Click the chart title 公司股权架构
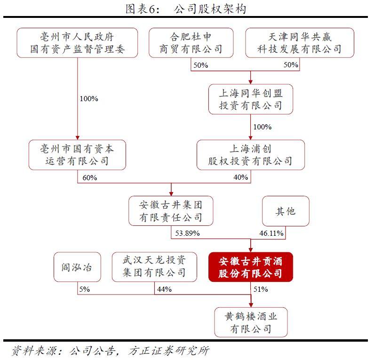pos(210,9)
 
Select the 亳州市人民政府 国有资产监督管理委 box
pos(77,43)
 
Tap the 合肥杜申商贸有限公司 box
pos(191,43)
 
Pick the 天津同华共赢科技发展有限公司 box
pos(300,43)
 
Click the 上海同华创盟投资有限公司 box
pos(251,99)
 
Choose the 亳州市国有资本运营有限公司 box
pos(77,155)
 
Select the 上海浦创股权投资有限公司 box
pos(251,155)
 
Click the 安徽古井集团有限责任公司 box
pos(171,211)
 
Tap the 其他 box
pos(286,211)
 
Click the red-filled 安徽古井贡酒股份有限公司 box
pos(251,267)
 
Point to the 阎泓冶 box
pos(77,267)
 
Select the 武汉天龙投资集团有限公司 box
pos(154,267)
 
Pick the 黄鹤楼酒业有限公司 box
pos(251,322)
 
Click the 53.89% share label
pos(188,233)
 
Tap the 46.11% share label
pos(271,233)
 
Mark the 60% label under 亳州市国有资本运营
pos(90,178)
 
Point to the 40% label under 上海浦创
pos(241,177)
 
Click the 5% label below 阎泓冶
pos(84,289)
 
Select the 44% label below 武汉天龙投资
pos(164,289)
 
